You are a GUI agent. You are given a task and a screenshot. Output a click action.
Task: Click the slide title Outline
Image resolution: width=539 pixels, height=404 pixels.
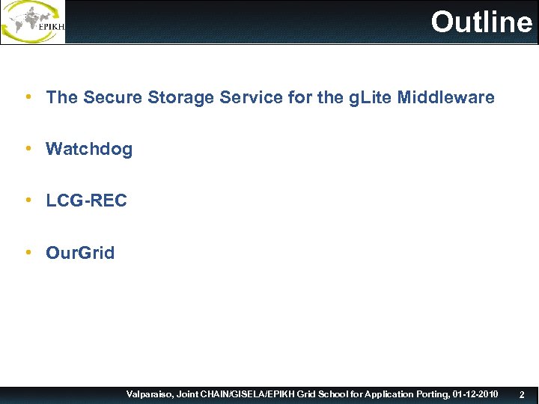tap(481, 22)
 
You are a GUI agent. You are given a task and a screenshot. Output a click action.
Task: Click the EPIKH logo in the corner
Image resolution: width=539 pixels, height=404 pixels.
tap(33, 22)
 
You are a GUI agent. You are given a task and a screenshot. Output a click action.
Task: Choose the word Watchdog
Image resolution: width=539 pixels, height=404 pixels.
tap(89, 149)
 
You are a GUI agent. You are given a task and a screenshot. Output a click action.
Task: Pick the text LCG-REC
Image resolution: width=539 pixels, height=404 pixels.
tap(86, 201)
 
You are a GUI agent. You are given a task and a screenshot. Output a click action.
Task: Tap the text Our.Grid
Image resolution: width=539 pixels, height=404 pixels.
tap(80, 253)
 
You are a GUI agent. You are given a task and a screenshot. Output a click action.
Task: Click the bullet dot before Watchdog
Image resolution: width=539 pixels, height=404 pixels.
tap(28, 149)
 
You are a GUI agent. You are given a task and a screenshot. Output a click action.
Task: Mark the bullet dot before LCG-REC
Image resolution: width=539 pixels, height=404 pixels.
tap(28, 201)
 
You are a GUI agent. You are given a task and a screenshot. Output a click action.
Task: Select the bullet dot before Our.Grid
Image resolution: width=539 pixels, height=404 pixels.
tap(28, 253)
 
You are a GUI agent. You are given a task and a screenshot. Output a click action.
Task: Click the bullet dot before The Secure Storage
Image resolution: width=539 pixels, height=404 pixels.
tap(28, 97)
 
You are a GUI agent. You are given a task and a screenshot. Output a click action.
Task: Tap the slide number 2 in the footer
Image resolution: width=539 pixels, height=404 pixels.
tap(522, 394)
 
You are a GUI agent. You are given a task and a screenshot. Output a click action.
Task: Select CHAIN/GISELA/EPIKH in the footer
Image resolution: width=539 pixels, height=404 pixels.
tap(243, 394)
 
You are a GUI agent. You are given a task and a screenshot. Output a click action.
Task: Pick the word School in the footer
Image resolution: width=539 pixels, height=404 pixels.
tap(329, 394)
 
